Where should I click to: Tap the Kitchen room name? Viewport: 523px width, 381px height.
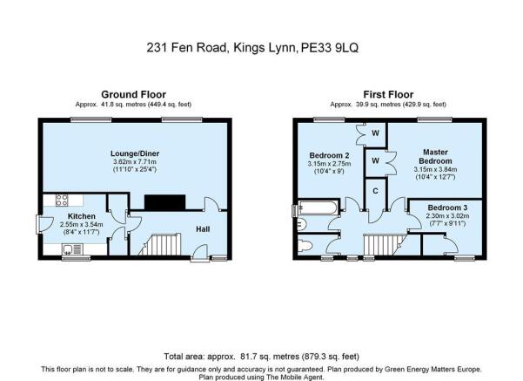coord(82,215)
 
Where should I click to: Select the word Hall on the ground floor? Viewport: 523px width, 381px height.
coord(202,229)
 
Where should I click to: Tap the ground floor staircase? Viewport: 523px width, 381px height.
coord(161,244)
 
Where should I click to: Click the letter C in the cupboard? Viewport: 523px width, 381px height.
coord(376,191)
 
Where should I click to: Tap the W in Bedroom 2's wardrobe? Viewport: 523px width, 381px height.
coord(375,133)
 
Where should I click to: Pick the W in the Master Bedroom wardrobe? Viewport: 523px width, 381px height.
coord(375,161)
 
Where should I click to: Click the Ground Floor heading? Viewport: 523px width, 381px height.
coord(134,94)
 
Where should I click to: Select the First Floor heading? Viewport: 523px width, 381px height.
coord(388,94)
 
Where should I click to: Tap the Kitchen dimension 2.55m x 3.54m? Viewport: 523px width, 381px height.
coord(82,224)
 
